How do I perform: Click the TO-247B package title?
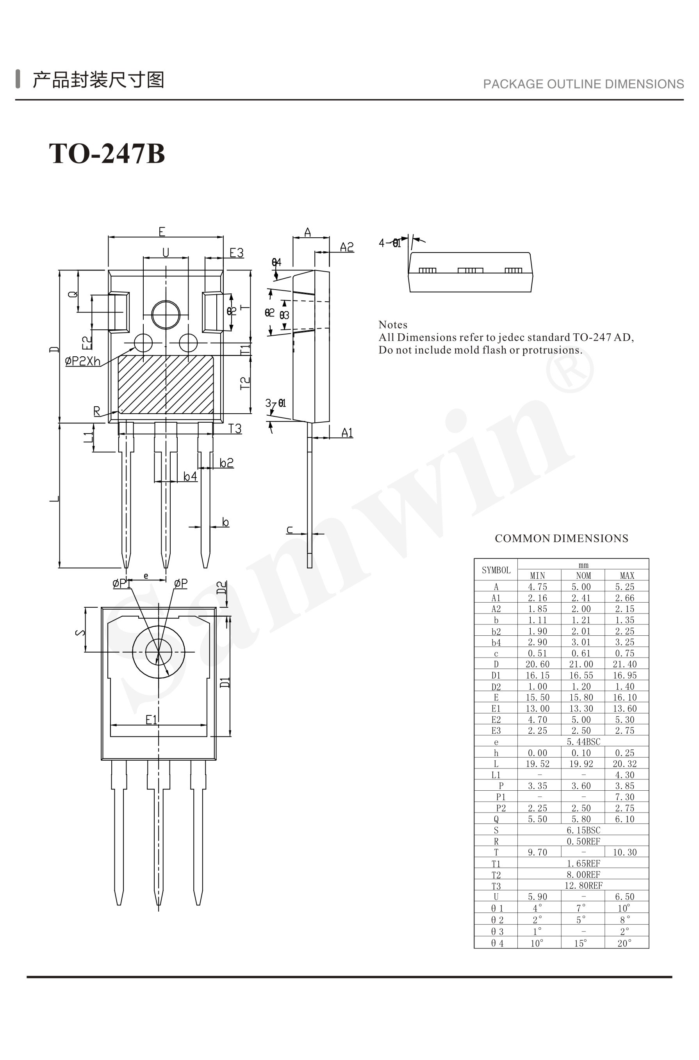[107, 154]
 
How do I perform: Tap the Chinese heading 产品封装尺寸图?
[98, 80]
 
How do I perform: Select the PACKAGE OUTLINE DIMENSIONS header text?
[583, 84]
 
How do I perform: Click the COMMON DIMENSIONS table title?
[561, 538]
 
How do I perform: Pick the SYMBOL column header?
[496, 570]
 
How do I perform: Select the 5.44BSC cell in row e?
[583, 742]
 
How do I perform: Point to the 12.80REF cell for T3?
[583, 886]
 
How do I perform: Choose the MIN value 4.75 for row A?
[537, 587]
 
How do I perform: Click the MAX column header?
[626, 576]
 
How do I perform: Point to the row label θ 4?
[497, 943]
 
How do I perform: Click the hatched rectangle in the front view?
[166, 384]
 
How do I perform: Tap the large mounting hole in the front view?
[166, 315]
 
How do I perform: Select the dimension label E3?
[236, 253]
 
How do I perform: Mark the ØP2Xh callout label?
[83, 361]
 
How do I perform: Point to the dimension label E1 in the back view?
[152, 720]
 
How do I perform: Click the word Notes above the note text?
[393, 324]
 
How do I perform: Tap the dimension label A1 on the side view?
[347, 433]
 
